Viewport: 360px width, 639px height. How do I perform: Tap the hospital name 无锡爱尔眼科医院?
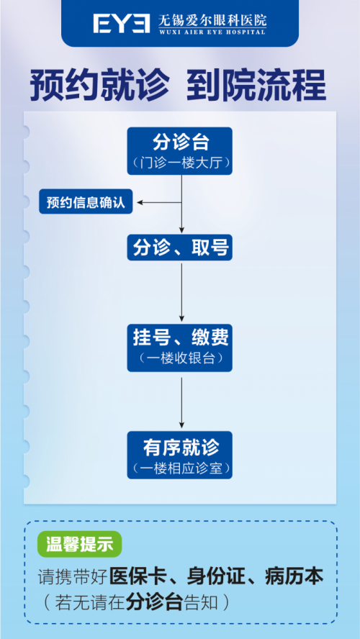click(212, 19)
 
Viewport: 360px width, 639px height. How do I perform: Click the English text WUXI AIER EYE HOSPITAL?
click(212, 32)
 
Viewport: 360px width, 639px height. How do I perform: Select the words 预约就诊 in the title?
click(99, 86)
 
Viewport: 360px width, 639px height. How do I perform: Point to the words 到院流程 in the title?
click(256, 86)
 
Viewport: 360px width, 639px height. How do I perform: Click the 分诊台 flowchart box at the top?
click(180, 151)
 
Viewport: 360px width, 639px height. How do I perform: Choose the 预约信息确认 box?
click(86, 201)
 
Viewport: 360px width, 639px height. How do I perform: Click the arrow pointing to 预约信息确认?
click(159, 202)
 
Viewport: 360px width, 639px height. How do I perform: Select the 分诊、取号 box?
click(180, 248)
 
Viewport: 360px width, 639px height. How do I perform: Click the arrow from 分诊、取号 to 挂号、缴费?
click(182, 292)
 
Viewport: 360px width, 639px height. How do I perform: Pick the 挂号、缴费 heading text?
click(181, 338)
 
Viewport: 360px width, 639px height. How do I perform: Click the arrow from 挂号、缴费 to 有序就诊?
click(182, 403)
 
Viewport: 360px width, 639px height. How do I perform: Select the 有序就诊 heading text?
click(181, 448)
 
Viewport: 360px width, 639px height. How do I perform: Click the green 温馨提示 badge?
click(79, 544)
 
